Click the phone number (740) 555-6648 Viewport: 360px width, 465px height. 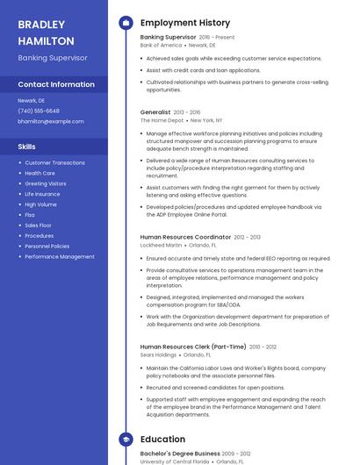(39, 111)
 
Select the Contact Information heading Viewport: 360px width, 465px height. (56, 84)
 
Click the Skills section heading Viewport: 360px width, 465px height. (27, 147)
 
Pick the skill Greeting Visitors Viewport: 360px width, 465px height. (46, 183)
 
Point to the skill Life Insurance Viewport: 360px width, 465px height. (42, 194)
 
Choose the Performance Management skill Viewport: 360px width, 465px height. (60, 257)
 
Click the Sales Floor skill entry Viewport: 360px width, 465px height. (39, 225)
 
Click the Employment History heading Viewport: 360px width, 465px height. (185, 23)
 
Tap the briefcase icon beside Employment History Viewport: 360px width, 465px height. (126, 23)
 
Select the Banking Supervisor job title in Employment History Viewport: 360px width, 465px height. (168, 38)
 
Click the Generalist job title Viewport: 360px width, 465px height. (155, 112)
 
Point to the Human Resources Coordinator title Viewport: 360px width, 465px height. (185, 237)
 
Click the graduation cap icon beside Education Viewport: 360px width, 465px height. (126, 439)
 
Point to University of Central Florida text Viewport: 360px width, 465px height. (175, 461)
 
